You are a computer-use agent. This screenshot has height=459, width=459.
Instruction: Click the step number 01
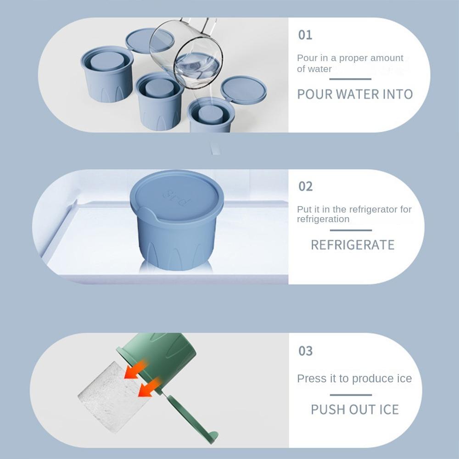(305, 35)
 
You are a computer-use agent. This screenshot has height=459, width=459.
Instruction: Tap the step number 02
(305, 186)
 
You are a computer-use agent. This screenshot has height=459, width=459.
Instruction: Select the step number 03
(305, 351)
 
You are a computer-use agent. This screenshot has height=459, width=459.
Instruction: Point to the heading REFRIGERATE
(353, 245)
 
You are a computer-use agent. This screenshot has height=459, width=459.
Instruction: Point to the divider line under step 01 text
(350, 79)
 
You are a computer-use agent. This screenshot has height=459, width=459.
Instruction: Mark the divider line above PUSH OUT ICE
(351, 395)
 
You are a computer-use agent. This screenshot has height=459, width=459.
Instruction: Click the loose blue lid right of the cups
(243, 90)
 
